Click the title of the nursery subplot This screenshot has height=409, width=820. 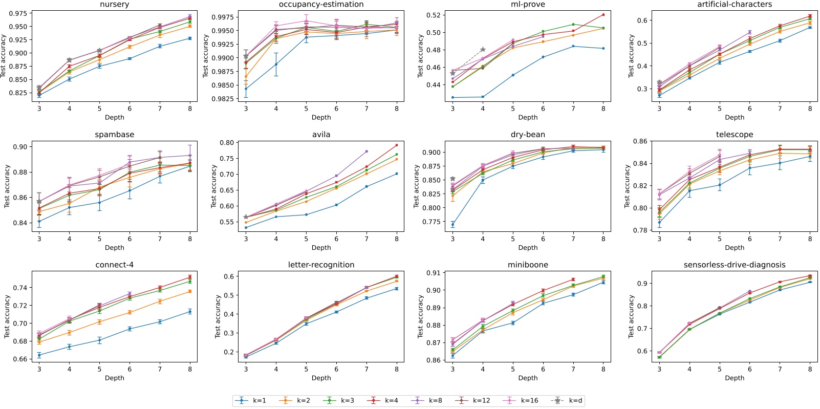[x=114, y=5]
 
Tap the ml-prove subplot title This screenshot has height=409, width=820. [x=528, y=5]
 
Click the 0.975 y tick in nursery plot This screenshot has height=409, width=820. [x=18, y=13]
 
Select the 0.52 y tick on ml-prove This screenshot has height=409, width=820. [x=433, y=15]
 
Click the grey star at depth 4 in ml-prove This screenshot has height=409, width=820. [x=483, y=50]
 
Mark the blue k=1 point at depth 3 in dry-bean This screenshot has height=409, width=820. [x=452, y=224]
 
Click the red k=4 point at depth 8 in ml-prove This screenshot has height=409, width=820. [x=603, y=15]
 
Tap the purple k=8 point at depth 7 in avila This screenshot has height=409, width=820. [x=366, y=152]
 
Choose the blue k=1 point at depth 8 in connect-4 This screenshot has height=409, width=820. [x=190, y=311]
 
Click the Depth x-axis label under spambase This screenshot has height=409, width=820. [x=114, y=248]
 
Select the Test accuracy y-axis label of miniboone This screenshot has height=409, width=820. [x=420, y=316]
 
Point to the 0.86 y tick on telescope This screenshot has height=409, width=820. [x=640, y=141]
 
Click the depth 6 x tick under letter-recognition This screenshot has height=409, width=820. [x=336, y=369]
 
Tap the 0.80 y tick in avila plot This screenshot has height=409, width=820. [x=226, y=143]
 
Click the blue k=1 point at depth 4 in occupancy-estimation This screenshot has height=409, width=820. [x=276, y=64]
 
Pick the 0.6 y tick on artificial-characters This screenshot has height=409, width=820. [x=642, y=20]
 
